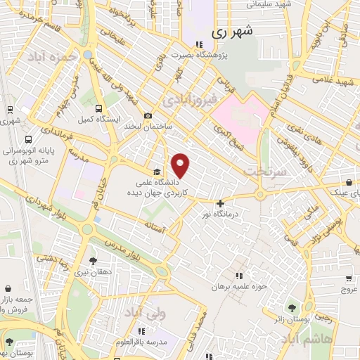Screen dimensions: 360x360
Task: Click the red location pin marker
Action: coord(181,165)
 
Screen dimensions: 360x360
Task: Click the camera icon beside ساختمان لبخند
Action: coord(147,116)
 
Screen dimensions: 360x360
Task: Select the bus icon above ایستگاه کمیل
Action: coord(98,109)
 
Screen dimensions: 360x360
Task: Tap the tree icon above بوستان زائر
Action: coord(291,308)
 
